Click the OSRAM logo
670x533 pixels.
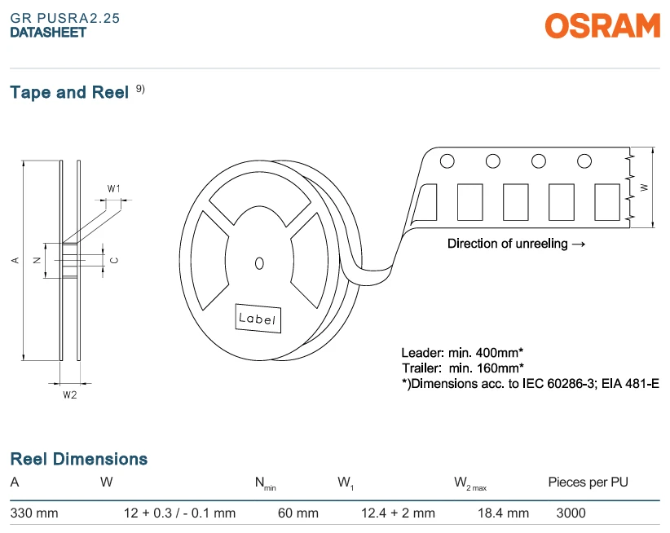[x=602, y=25]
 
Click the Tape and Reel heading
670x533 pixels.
[x=69, y=92]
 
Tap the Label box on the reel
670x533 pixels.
[x=258, y=318]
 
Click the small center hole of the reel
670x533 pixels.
[x=259, y=263]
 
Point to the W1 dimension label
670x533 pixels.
[x=113, y=189]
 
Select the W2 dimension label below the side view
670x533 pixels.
[x=70, y=395]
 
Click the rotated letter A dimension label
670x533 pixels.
[x=15, y=260]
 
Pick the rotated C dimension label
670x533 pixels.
[x=114, y=260]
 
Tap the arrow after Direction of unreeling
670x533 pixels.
[x=578, y=244]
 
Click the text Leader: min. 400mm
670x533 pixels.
[x=462, y=353]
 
